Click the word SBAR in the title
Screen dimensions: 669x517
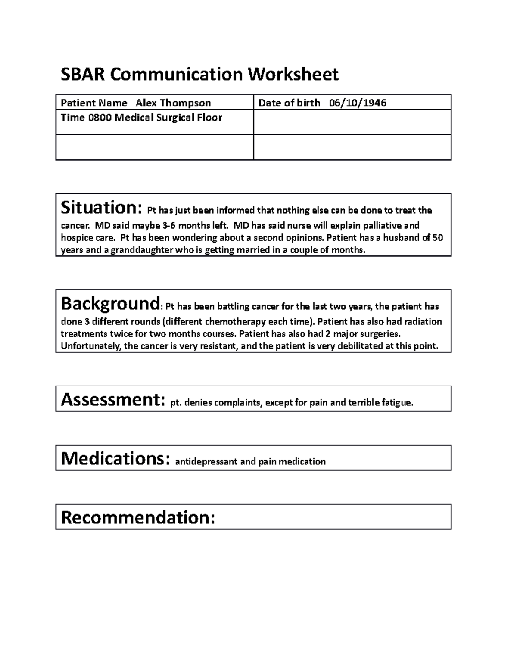(x=83, y=75)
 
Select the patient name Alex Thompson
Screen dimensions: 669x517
(x=173, y=103)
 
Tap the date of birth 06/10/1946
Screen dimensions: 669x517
(x=358, y=103)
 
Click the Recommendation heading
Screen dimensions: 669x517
(x=138, y=517)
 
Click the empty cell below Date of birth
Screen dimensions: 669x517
(x=352, y=122)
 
